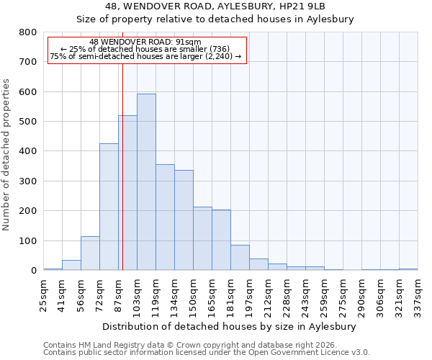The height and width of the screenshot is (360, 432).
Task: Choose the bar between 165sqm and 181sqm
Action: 221,240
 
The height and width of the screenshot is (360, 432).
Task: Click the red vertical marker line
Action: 122,180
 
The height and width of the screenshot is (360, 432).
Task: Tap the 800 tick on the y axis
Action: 27,32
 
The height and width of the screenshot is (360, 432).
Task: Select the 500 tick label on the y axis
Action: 27,122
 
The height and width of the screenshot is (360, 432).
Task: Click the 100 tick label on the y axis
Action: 27,241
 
